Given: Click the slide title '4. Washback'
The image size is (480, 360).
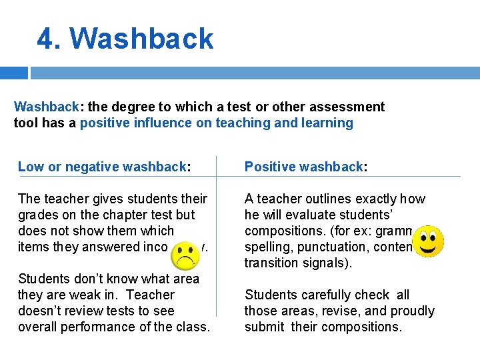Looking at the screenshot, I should click(x=125, y=39).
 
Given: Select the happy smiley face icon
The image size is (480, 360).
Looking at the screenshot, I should click(x=429, y=241).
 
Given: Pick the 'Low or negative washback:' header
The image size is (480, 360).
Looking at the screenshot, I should click(x=103, y=167).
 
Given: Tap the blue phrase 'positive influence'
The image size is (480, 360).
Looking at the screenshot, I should click(x=137, y=123).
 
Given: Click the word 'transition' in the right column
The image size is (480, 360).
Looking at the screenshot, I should click(x=271, y=263).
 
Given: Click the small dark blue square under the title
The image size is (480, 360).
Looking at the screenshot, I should click(x=14, y=73).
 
